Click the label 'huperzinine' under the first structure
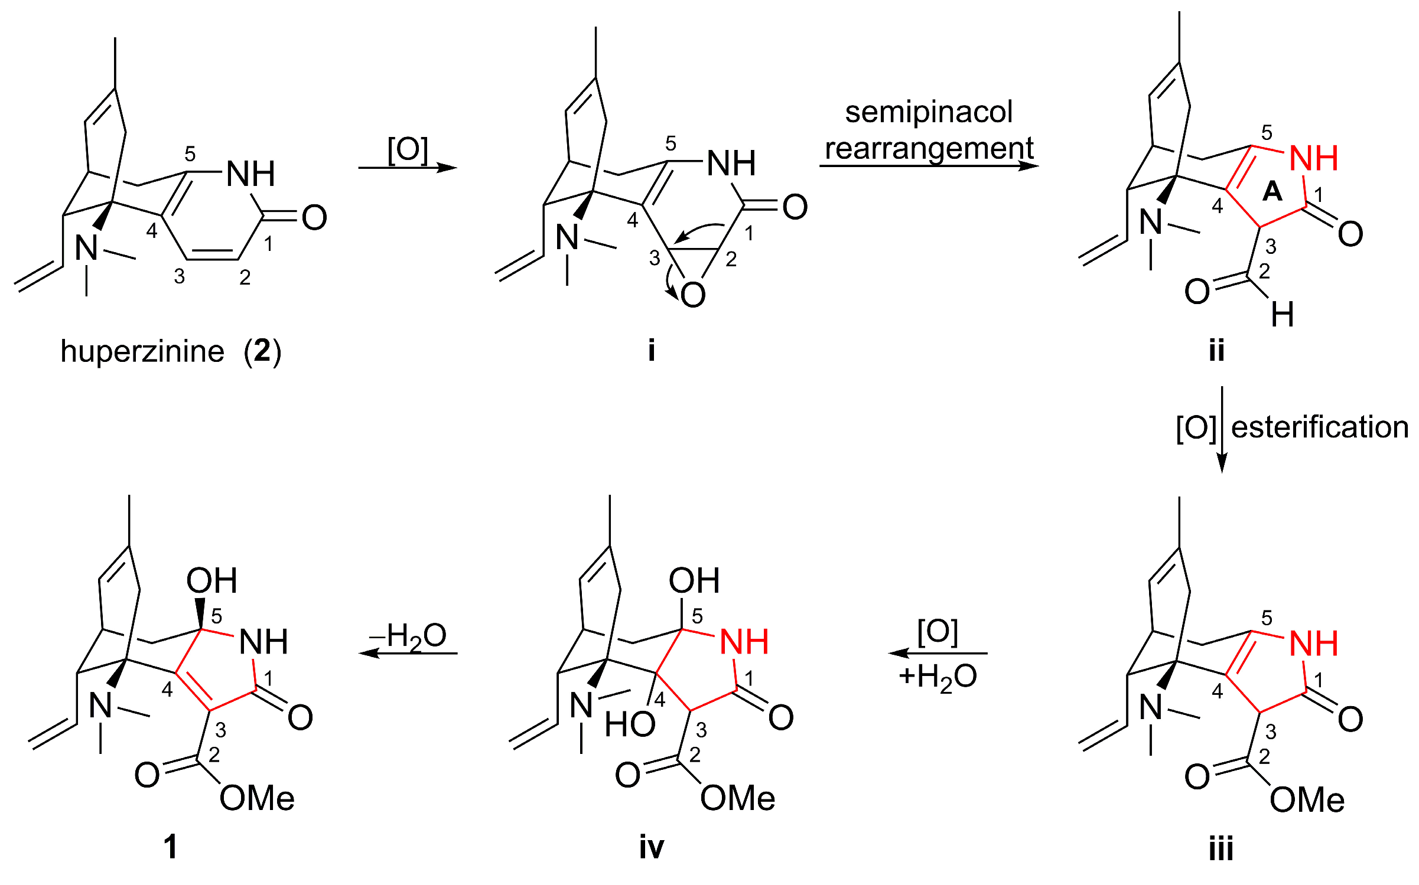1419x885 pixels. click(142, 352)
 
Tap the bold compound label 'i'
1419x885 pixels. click(651, 350)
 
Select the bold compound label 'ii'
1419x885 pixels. click(1216, 350)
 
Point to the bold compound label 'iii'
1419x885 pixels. click(1221, 849)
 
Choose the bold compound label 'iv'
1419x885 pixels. click(651, 848)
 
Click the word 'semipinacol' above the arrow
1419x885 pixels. click(929, 112)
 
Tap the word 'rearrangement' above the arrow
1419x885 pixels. click(929, 148)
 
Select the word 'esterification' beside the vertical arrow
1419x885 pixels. click(1319, 427)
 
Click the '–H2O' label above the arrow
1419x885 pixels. click(408, 636)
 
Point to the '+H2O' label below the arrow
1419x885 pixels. click(938, 677)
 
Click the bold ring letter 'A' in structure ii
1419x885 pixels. click(1272, 191)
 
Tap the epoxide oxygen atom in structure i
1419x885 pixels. click(693, 295)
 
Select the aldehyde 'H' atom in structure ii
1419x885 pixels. click(1283, 314)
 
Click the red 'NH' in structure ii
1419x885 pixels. click(1313, 158)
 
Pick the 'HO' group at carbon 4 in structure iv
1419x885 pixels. click(630, 724)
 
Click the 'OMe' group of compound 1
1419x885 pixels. click(257, 799)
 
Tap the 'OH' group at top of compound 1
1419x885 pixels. click(211, 580)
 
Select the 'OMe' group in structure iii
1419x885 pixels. click(1307, 800)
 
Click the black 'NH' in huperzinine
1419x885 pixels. click(250, 174)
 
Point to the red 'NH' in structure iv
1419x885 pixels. click(744, 642)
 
